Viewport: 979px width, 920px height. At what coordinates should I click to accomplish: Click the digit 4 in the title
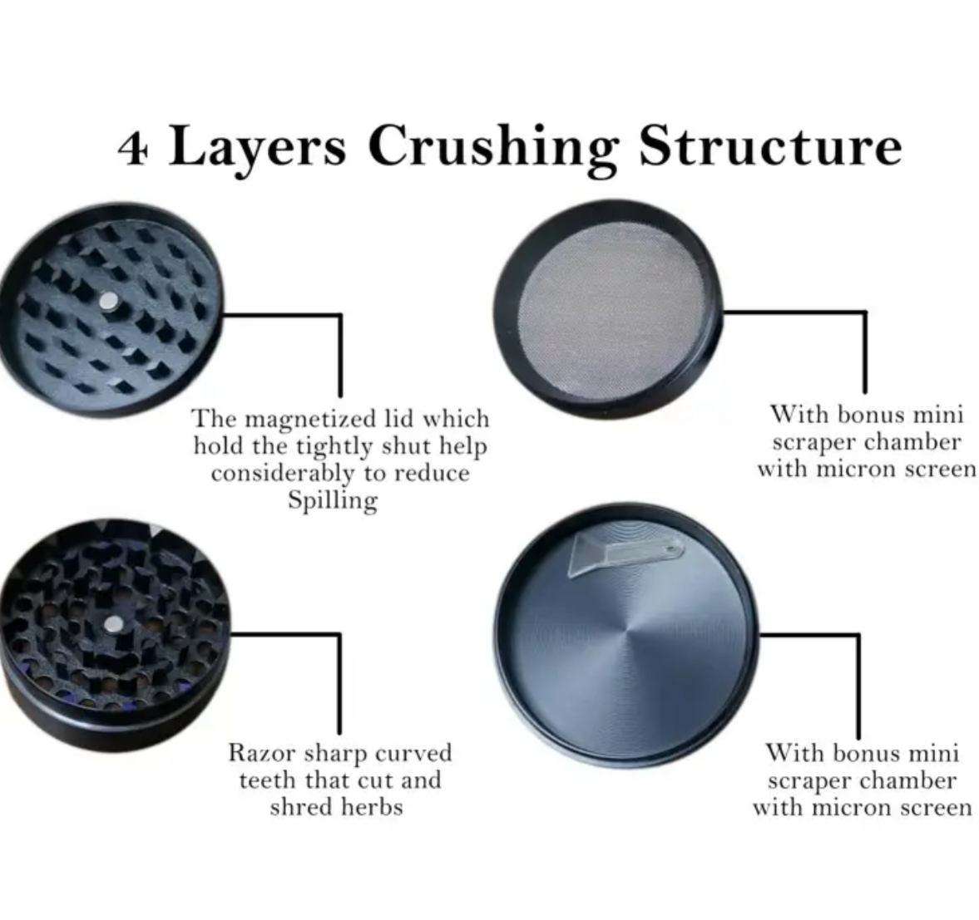pos(133,148)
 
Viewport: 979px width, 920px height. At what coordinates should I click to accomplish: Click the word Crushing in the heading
pos(493,146)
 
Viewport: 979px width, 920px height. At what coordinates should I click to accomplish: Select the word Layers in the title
pos(257,150)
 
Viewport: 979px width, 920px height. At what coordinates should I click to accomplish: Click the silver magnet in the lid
pos(108,301)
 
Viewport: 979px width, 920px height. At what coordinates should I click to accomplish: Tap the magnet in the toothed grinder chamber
pos(114,624)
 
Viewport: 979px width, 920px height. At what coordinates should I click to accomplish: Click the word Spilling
pos(333,501)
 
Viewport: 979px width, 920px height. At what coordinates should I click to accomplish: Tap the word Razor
pos(262,753)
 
